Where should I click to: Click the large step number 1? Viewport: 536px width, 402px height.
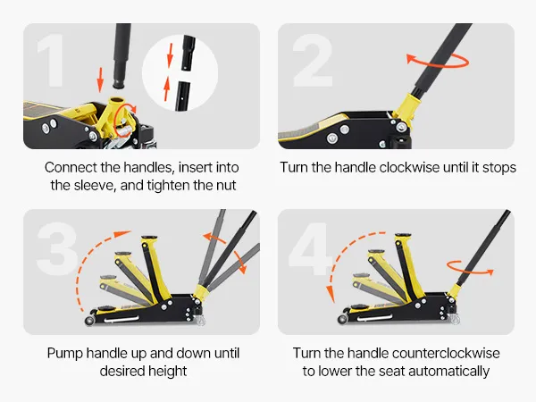pyautogui.click(x=51, y=61)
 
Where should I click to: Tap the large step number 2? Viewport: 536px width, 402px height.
pyautogui.click(x=314, y=60)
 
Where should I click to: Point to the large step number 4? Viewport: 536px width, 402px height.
pyautogui.click(x=310, y=248)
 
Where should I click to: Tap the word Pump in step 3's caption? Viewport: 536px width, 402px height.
pyautogui.click(x=64, y=354)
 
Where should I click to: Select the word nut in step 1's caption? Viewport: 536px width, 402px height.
pyautogui.click(x=226, y=186)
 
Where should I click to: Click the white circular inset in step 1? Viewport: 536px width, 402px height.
pyautogui.click(x=180, y=72)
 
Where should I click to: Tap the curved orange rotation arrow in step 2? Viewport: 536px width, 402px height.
pyautogui.click(x=438, y=61)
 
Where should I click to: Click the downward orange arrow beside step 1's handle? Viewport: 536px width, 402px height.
pyautogui.click(x=100, y=80)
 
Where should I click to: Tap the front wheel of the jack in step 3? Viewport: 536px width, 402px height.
pyautogui.click(x=90, y=321)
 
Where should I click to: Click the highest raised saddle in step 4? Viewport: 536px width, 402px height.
pyautogui.click(x=403, y=236)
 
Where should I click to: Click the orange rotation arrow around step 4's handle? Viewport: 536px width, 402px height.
pyautogui.click(x=470, y=268)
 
